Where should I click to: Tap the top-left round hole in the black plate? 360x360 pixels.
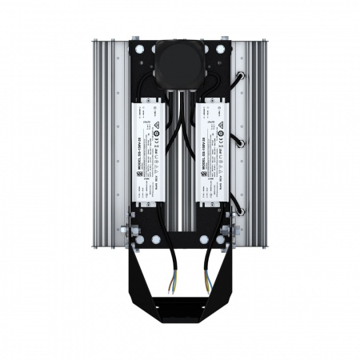tap(142, 50)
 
